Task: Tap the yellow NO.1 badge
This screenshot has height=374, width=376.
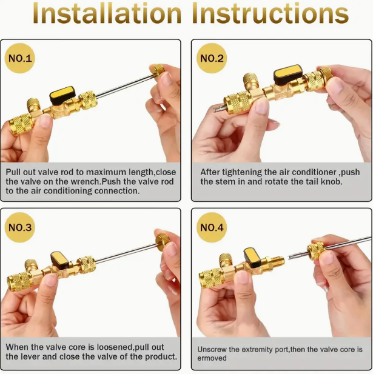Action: coord(19,59)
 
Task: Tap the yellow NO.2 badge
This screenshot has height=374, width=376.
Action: coord(212,59)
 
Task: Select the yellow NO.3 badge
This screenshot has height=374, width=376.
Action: coord(19,227)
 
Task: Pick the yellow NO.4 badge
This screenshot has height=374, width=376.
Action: coord(212,227)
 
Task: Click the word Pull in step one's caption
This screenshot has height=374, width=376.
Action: coord(14,172)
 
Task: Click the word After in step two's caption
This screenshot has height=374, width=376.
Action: coord(210,172)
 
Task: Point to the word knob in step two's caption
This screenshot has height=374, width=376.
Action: coord(332,181)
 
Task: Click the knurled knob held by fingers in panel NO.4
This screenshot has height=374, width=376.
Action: coord(315,249)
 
